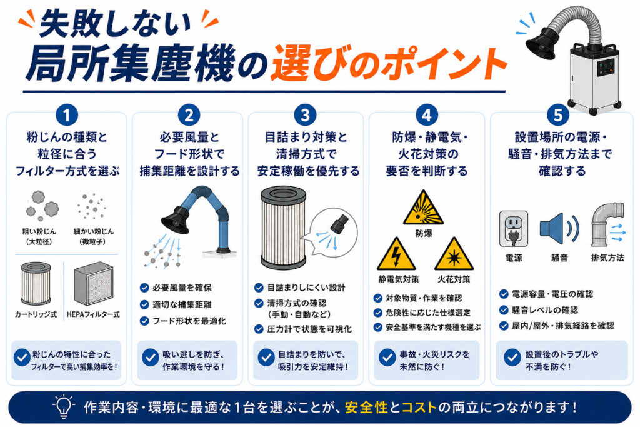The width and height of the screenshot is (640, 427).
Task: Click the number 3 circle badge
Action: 305,115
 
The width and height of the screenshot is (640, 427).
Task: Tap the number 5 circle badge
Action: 558,115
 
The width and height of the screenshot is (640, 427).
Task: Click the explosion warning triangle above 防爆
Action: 423,208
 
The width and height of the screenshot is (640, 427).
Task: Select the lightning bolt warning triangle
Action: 396,254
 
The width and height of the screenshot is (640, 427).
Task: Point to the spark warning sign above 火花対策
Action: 454,254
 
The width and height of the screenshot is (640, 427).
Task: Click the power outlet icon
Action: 514,229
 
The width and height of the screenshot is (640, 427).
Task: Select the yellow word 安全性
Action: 366,408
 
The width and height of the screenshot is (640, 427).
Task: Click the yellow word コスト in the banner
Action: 419,408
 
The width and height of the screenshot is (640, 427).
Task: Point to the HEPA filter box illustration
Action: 94,284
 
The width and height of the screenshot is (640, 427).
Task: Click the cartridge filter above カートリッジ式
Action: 36,284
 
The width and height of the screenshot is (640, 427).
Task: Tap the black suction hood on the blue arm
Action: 176,220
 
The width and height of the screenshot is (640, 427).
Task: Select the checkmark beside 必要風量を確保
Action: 144,288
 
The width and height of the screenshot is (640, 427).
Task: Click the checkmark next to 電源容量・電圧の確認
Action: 504,294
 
